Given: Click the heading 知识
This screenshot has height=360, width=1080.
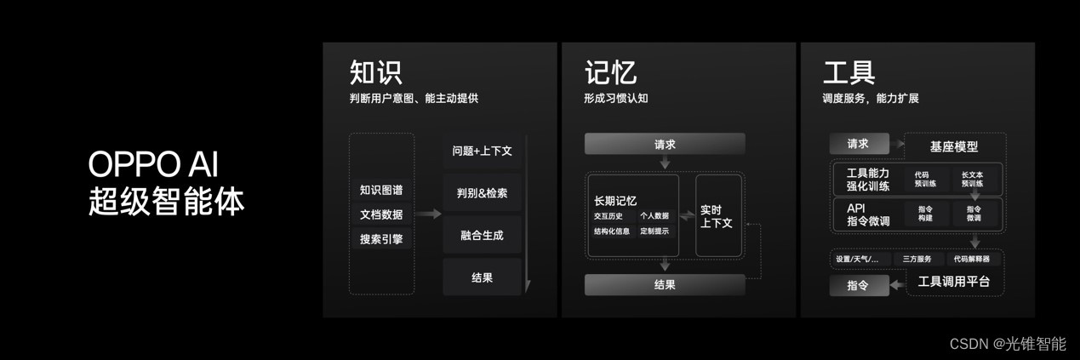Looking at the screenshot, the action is [375, 71].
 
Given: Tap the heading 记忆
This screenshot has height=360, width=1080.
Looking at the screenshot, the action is [610, 71].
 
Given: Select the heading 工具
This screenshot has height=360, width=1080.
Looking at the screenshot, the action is [849, 71].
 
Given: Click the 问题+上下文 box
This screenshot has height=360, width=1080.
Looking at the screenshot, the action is [482, 151].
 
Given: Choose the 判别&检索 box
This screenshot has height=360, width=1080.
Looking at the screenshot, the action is [482, 193].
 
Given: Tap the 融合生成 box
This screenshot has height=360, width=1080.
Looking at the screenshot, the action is [482, 235].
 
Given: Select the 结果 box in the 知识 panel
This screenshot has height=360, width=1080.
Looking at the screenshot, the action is [482, 277].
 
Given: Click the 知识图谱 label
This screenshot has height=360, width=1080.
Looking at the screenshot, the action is [381, 190].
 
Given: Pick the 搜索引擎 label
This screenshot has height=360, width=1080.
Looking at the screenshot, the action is [381, 239].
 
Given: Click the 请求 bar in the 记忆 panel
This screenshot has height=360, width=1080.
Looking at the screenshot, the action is [665, 144].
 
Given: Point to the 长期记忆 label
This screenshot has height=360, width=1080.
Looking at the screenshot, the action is [615, 201].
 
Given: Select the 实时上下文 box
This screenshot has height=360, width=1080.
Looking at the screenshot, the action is [717, 215].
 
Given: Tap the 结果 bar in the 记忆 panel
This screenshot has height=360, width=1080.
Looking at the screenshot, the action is [665, 284].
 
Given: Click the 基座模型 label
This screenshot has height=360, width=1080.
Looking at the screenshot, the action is [954, 146].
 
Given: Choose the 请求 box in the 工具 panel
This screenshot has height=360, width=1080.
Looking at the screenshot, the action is [858, 144].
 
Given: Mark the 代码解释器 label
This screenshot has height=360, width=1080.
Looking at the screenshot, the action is [971, 259].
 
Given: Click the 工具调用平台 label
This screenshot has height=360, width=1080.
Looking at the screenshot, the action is [953, 282].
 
